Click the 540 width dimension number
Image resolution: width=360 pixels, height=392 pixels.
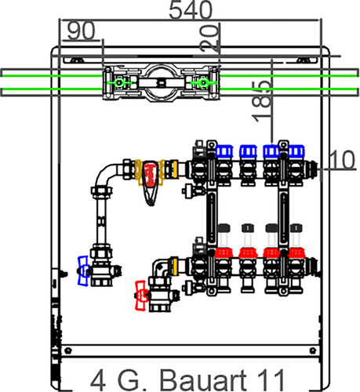(191, 10)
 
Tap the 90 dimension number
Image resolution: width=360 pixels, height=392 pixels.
(81, 31)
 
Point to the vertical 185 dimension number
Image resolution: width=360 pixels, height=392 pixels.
(262, 101)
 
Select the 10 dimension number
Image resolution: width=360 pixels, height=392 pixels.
(342, 159)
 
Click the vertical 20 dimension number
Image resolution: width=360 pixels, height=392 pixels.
(209, 38)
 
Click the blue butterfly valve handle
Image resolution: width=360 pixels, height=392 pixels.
(83, 271)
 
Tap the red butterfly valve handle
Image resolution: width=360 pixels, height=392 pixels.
(140, 296)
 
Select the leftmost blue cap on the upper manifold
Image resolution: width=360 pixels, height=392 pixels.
(224, 151)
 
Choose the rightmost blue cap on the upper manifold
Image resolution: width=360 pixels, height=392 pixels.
(296, 151)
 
